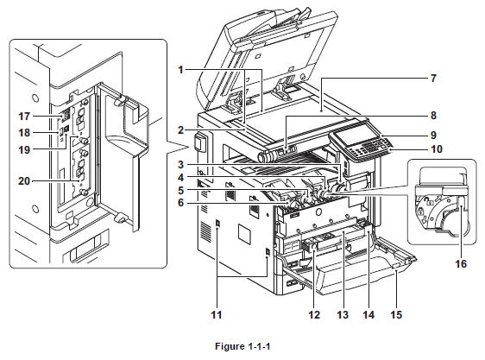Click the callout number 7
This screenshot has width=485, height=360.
(434, 79)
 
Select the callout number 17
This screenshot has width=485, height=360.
(24, 117)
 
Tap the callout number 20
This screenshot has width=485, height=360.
(24, 180)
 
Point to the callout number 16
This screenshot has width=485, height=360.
(461, 264)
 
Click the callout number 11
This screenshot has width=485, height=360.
(217, 315)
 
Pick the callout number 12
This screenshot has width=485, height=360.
(313, 315)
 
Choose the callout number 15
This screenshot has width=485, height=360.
(396, 315)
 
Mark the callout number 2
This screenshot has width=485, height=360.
(180, 130)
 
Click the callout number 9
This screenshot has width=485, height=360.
(434, 135)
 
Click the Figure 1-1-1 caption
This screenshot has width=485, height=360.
(243, 346)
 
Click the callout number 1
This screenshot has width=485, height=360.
(180, 70)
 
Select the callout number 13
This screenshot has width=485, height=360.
(343, 315)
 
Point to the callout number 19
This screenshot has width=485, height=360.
(24, 150)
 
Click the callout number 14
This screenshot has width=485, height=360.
(368, 315)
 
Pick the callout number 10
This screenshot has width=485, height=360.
(437, 149)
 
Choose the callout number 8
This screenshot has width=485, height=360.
(434, 116)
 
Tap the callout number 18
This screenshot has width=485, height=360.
(24, 133)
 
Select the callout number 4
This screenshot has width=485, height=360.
(180, 178)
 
